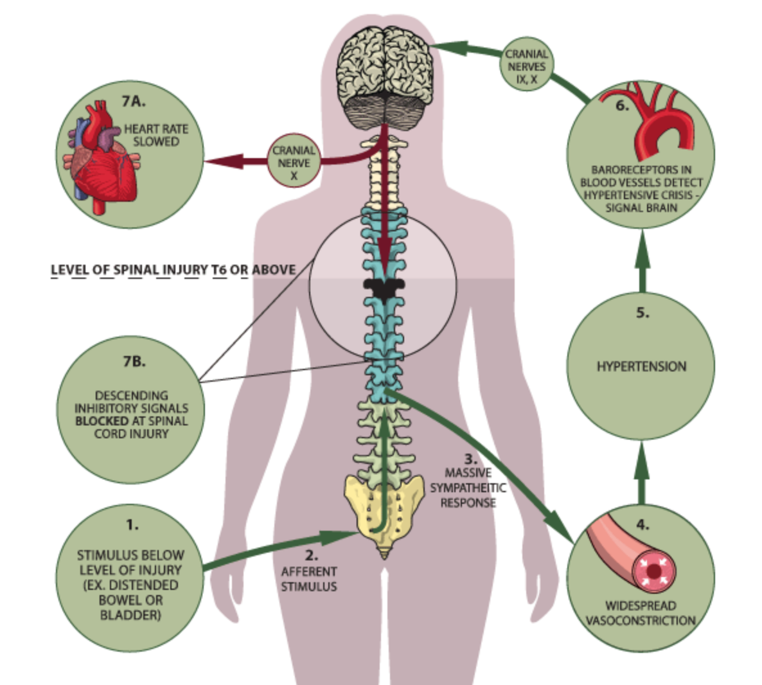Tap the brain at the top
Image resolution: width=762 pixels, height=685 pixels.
[x=384, y=71]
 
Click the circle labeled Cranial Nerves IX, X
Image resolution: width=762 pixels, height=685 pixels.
[x=526, y=67]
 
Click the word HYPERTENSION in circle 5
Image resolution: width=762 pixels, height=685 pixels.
[x=641, y=366]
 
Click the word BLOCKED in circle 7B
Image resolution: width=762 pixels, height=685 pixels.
[x=102, y=421]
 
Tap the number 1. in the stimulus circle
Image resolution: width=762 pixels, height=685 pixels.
[x=132, y=524]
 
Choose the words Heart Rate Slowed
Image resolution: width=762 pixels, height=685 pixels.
[x=156, y=135]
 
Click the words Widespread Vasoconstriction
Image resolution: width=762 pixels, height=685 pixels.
[x=641, y=613]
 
